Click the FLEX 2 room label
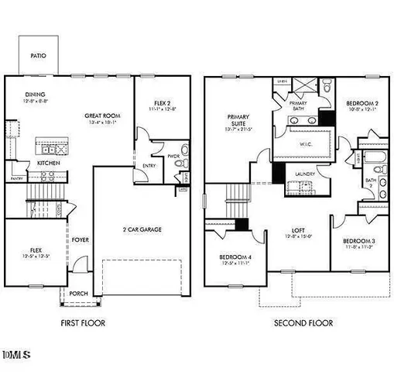point(161,103)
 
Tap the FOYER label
point(81,239)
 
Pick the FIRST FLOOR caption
point(82,322)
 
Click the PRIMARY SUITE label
point(237,120)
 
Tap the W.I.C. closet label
point(306,143)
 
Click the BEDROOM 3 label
point(359,241)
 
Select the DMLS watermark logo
point(16,355)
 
